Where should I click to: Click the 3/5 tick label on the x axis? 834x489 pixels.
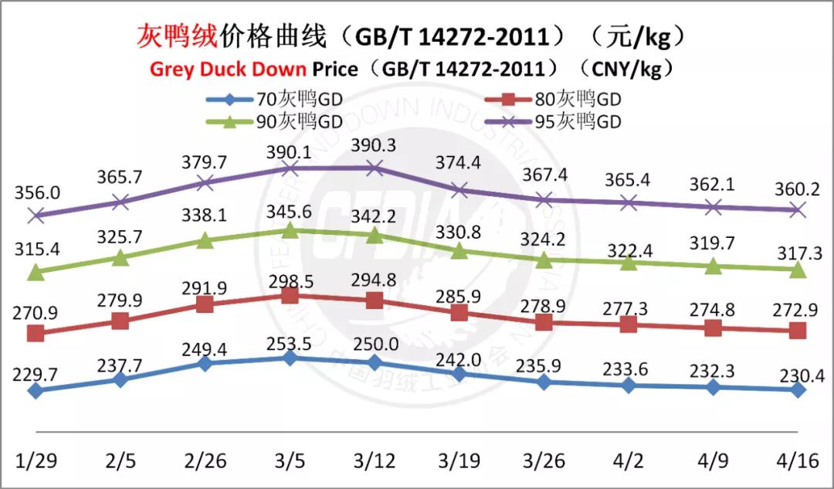289,461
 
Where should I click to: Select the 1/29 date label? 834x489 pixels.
36,461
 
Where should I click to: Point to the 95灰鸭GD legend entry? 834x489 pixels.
578,121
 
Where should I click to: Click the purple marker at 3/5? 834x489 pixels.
290,168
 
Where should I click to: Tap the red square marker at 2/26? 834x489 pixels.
205,304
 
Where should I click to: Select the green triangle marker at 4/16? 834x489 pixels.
798,270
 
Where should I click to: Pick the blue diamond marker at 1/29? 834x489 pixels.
36,391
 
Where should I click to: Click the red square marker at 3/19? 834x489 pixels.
459,312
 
